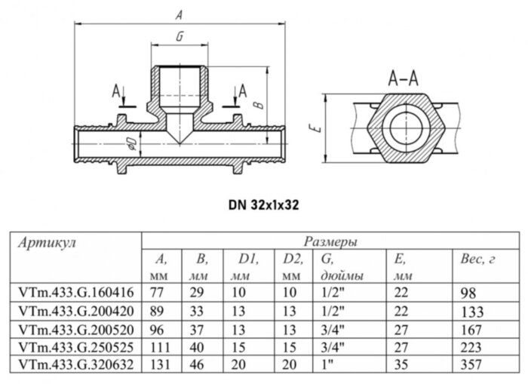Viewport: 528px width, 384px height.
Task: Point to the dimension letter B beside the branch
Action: point(258,106)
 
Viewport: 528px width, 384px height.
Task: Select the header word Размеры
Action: point(329,242)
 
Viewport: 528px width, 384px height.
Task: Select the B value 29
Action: point(200,291)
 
